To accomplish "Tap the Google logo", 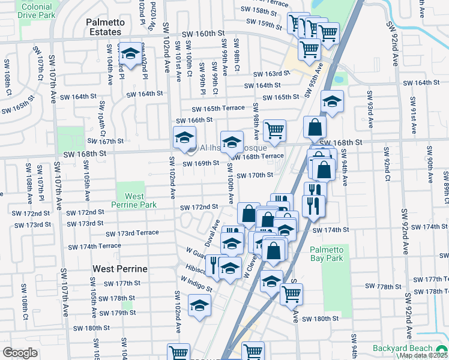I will point(20,353).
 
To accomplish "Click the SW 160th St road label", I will point(208,34).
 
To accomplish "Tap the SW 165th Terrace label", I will point(218,108).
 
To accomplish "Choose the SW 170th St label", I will point(255,175).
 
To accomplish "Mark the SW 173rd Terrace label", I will point(131,233).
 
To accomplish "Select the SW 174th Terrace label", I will point(94,247).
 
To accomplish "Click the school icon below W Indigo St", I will point(200,306).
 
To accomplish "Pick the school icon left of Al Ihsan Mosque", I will point(184,138).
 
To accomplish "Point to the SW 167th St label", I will point(105,141).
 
